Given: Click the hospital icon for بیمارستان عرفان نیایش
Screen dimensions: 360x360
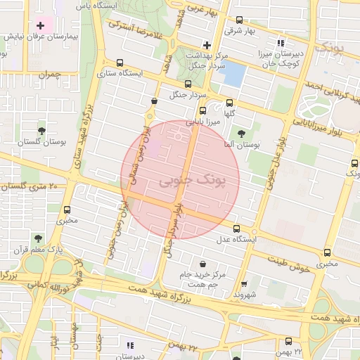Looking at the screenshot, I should click(40, 26).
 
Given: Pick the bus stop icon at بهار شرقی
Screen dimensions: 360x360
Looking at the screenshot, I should click(240, 20).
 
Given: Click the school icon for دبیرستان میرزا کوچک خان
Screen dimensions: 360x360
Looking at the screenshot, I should click(282, 44).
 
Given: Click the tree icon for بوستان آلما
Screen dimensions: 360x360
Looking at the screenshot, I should click(242, 132).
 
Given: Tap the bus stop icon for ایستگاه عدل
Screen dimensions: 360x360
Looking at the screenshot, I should click(236, 229).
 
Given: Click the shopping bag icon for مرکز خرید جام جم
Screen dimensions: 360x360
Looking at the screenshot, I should click(202, 263).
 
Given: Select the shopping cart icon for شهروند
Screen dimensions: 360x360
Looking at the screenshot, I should click(244, 284).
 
